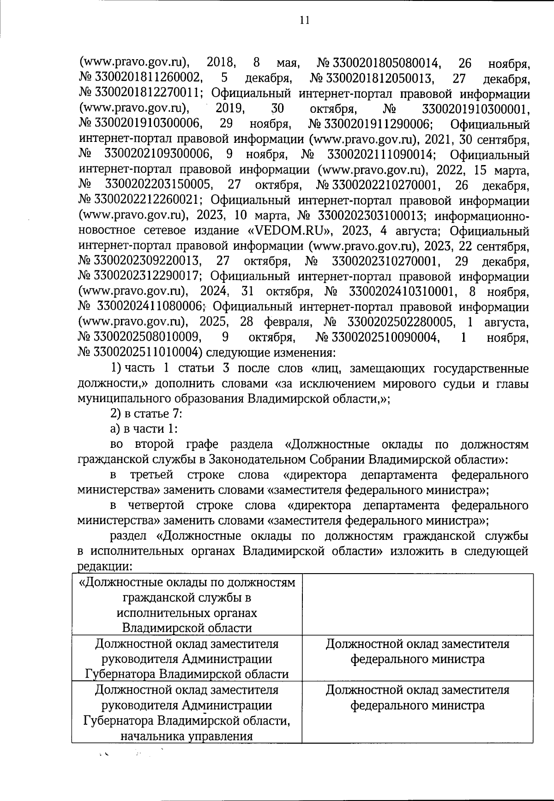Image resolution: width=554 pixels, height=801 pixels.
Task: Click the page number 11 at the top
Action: pos(304,20)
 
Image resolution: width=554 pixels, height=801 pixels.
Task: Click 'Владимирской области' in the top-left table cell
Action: pos(187,627)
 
